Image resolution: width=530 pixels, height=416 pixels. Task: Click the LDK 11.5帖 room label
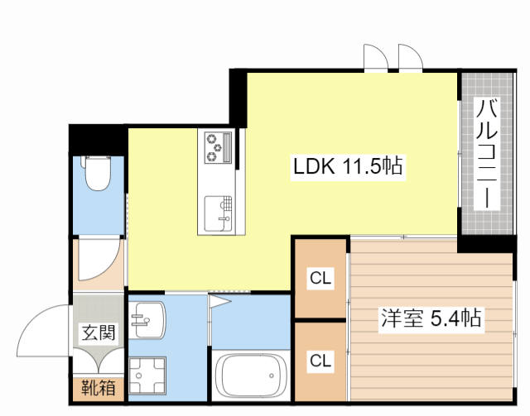point(348,167)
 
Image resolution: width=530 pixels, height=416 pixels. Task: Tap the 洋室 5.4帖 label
point(431,317)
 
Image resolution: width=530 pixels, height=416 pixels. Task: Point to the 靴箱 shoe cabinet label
point(98,387)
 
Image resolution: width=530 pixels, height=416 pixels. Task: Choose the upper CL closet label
point(320,279)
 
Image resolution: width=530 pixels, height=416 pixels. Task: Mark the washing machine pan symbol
point(147,375)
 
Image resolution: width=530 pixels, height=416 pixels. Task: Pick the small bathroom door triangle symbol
point(219,300)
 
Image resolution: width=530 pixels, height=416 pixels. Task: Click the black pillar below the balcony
point(488,244)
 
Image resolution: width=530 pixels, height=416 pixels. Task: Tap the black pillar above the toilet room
point(98,137)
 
